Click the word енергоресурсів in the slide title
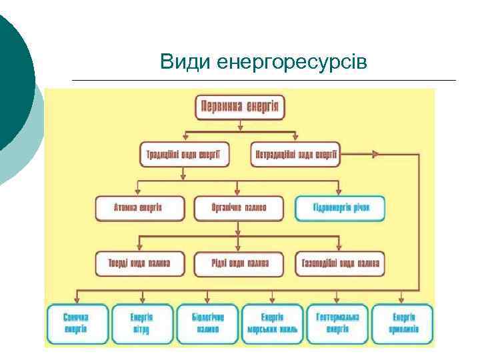click(x=292, y=63)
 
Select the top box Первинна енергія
click(x=241, y=107)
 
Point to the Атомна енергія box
click(x=139, y=208)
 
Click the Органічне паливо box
click(x=239, y=208)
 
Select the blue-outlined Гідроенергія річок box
click(x=341, y=208)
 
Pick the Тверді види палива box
click(x=139, y=263)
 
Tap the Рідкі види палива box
click(x=239, y=263)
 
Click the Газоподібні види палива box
click(x=341, y=263)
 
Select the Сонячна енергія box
click(x=76, y=323)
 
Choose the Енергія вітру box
click(x=141, y=323)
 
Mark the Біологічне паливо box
click(x=207, y=323)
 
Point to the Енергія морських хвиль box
click(x=272, y=323)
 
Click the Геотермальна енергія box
click(x=337, y=323)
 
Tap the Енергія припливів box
click(x=402, y=323)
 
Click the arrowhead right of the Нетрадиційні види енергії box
click(x=376, y=155)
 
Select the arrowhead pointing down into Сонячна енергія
click(x=77, y=300)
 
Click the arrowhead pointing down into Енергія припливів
click(x=402, y=300)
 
